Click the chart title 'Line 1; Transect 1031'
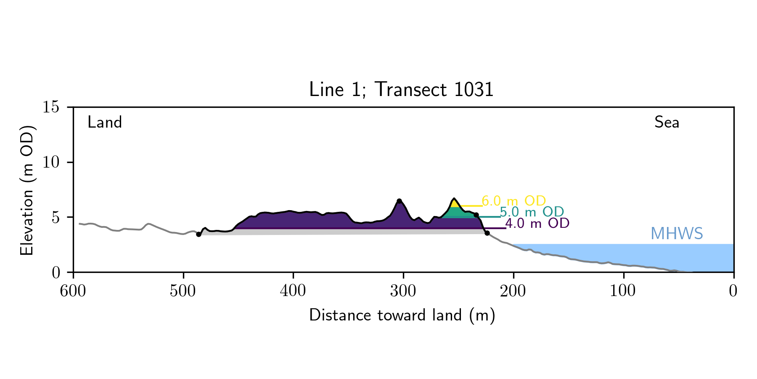click(401, 90)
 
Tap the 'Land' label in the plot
click(105, 123)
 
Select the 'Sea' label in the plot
click(667, 123)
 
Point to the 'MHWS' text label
click(676, 234)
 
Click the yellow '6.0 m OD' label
click(513, 201)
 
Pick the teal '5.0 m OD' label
click(532, 212)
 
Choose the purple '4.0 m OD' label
click(537, 223)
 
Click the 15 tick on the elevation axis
click(51, 107)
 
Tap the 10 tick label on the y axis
click(51, 163)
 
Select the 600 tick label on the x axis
click(73, 291)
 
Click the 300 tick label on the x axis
click(403, 291)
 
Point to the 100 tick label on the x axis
click(623, 291)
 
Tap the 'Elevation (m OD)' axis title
click(26, 190)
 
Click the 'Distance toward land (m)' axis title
click(402, 315)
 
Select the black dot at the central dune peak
click(399, 201)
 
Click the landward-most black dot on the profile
click(199, 234)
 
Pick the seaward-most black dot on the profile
click(487, 233)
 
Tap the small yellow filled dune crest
click(454, 203)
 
